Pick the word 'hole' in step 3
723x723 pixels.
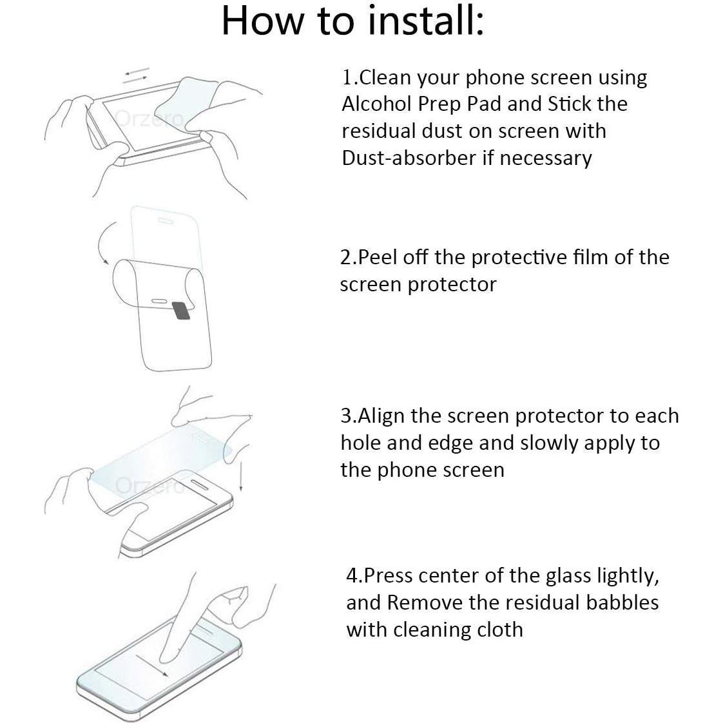point(360,443)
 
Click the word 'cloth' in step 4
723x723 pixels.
point(499,630)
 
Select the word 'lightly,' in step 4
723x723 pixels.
point(628,575)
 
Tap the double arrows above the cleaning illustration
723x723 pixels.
point(136,74)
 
